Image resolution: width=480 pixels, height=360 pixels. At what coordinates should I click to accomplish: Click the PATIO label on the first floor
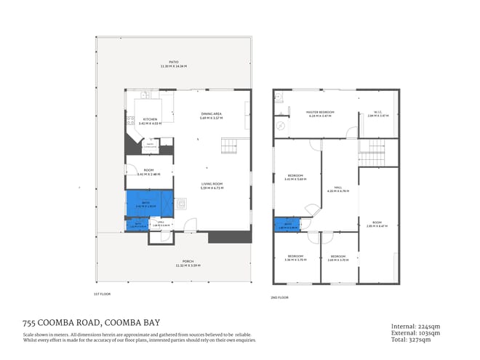[x=174, y=64]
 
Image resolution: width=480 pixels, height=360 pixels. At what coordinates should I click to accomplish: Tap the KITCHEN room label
[x=150, y=121]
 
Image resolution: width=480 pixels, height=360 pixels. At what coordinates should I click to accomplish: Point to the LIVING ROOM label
[x=212, y=185]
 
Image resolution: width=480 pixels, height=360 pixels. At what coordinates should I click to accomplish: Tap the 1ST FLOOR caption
[x=101, y=295]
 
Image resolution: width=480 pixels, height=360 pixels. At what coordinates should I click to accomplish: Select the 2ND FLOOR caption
[x=279, y=297]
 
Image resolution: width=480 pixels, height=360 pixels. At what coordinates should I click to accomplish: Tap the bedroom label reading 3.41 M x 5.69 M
[x=295, y=177]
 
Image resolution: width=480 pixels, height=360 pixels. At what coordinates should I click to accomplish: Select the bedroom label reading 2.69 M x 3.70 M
[x=338, y=258]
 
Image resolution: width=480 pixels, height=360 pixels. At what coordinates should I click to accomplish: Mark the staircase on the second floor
[x=374, y=153]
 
